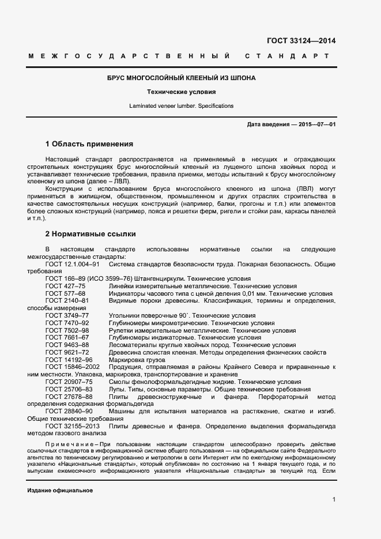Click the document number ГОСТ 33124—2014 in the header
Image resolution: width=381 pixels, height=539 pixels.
301,40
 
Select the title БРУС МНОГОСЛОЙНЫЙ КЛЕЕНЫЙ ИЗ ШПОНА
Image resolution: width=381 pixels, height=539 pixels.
182,78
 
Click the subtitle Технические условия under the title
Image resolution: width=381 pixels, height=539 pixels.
182,92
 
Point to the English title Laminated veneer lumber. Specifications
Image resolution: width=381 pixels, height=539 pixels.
182,106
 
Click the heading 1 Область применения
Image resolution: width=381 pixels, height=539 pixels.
89,144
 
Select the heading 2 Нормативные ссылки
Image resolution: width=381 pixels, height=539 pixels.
90,234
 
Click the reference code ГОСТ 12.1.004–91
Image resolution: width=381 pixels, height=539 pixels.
73,264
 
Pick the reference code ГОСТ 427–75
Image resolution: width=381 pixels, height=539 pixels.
65,286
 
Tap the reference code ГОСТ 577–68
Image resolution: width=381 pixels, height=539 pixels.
65,293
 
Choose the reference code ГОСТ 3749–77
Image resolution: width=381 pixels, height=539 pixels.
67,316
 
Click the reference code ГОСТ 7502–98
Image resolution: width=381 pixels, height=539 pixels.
67,330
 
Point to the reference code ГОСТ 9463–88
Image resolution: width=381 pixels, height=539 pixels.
67,345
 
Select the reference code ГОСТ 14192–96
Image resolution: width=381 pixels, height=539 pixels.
69,360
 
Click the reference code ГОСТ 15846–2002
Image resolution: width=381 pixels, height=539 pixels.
73,367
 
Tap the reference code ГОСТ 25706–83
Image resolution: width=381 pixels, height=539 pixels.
69,389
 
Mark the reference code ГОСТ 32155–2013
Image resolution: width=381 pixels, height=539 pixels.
73,426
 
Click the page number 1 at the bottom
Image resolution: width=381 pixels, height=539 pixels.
334,500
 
